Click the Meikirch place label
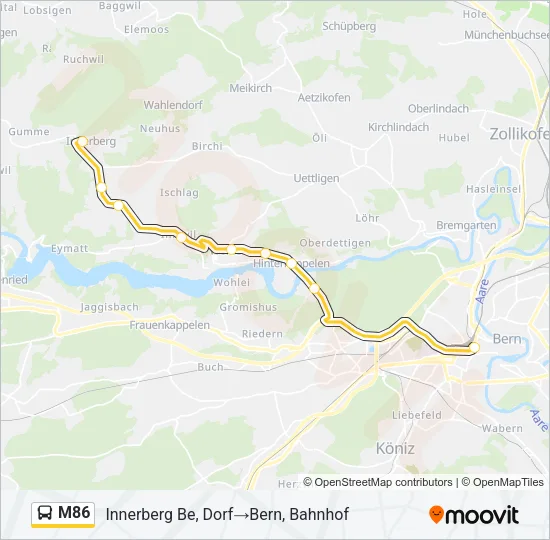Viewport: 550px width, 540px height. pyautogui.click(x=252, y=88)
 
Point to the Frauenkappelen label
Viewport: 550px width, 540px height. pyautogui.click(x=169, y=325)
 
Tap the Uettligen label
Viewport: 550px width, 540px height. pyautogui.click(x=317, y=178)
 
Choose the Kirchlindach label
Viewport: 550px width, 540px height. pyautogui.click(x=398, y=128)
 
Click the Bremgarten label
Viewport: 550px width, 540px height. pyautogui.click(x=467, y=226)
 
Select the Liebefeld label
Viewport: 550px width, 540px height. pyautogui.click(x=417, y=413)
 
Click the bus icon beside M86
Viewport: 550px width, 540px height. pyautogui.click(x=46, y=514)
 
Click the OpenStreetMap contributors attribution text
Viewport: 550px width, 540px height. pyautogui.click(x=383, y=482)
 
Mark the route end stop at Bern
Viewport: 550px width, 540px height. pyautogui.click(x=474, y=347)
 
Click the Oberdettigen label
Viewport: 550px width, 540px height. pyautogui.click(x=336, y=243)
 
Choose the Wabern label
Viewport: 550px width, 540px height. pyautogui.click(x=501, y=428)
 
